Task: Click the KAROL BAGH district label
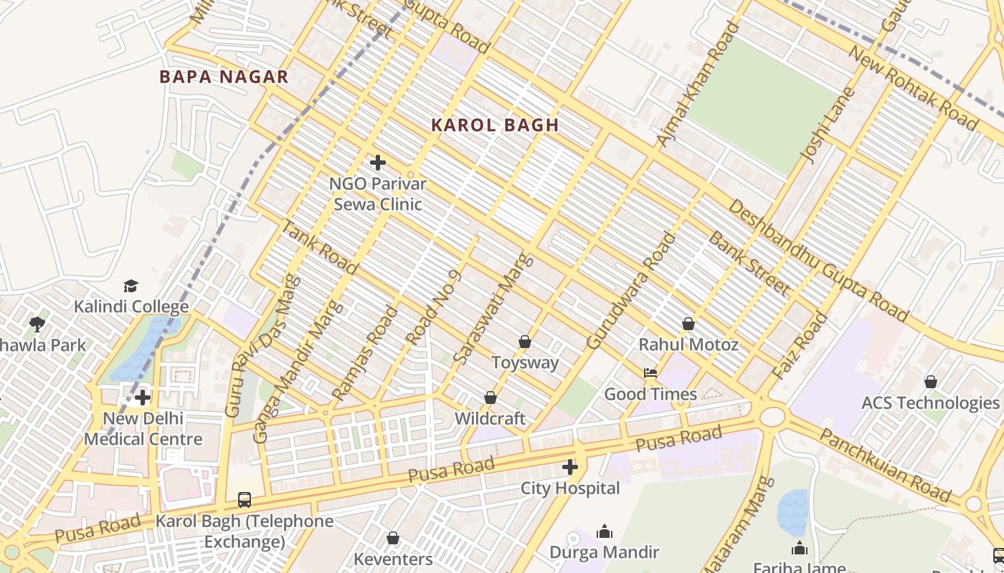495,125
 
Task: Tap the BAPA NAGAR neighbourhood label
224,77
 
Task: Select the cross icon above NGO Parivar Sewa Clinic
378,163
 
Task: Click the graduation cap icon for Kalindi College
131,286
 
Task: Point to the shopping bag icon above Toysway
525,342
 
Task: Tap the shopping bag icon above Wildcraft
491,398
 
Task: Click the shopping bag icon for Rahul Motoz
688,324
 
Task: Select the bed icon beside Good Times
650,373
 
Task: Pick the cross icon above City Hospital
570,468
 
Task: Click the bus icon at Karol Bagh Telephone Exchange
245,500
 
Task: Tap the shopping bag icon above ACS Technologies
930,382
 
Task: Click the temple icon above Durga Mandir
605,531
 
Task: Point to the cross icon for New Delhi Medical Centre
143,397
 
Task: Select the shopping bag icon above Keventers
393,538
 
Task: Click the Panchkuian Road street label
886,466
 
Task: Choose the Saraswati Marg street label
494,308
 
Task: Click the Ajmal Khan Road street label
698,85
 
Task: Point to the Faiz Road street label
800,347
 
